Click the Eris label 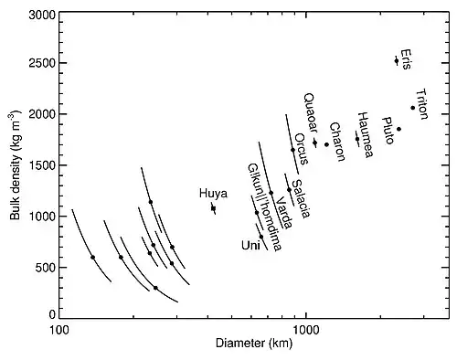pos(406,59)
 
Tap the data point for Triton pos(413,108)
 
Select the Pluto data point pos(399,129)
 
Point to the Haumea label pos(366,134)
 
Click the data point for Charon pos(326,144)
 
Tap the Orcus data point pos(292,150)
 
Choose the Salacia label pos(301,198)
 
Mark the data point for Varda pos(271,193)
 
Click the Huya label pos(213,194)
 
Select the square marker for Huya pos(214,208)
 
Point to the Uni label pos(250,245)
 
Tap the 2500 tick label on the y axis pos(41,63)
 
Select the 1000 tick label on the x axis pos(306,330)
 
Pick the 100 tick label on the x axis pos(58,330)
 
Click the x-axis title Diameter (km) pos(254,344)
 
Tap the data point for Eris pos(397,61)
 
